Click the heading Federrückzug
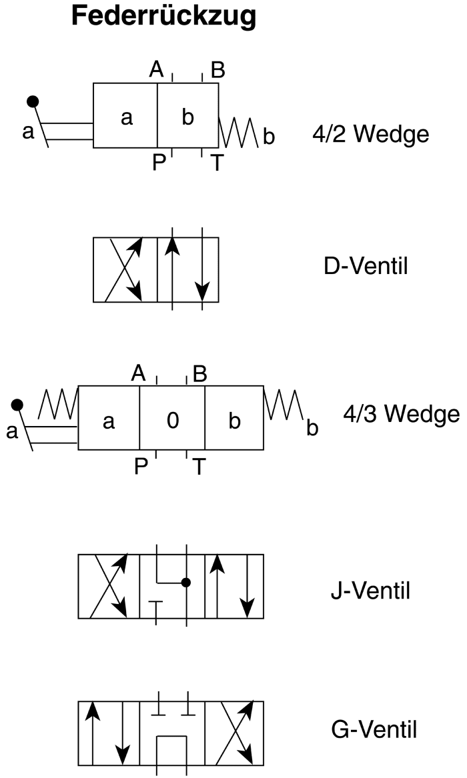(163, 17)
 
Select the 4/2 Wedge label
(371, 134)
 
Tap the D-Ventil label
(366, 267)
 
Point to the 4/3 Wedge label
(402, 413)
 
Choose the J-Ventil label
(370, 591)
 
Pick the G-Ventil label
(374, 729)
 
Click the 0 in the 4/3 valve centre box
(172, 420)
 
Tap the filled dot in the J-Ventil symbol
(186, 583)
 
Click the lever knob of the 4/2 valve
(33, 102)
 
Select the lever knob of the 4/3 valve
(17, 405)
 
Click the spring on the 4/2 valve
(239, 133)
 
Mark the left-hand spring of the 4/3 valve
(58, 405)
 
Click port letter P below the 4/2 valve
(159, 163)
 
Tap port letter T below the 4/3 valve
(199, 467)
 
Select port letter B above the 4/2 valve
(217, 71)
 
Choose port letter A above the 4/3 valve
(139, 373)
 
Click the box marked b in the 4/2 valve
(187, 115)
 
